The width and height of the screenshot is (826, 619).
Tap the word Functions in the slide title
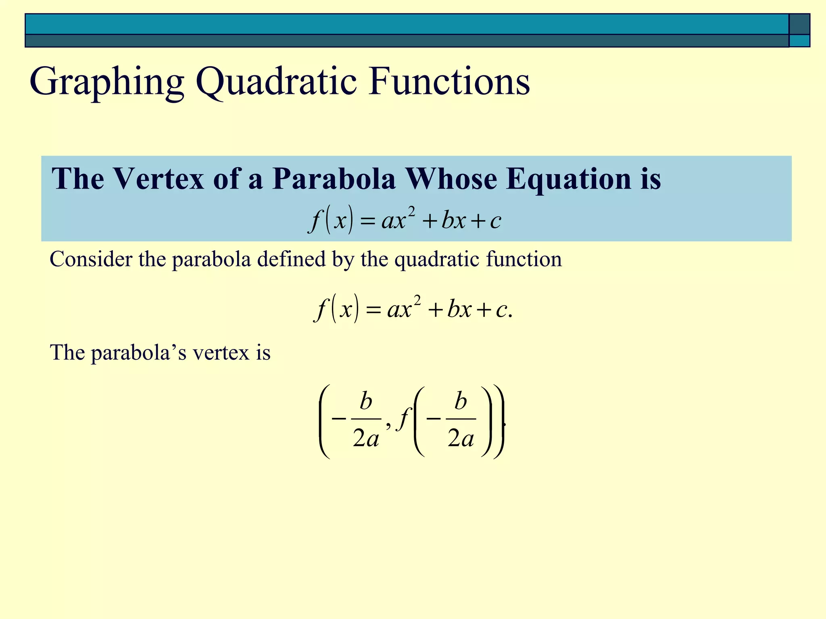449,82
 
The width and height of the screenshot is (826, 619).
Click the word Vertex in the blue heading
158,179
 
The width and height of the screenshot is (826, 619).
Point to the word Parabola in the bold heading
334,179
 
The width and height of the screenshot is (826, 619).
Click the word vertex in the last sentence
220,353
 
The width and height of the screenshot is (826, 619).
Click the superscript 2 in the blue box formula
411,211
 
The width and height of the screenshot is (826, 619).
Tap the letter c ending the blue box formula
496,221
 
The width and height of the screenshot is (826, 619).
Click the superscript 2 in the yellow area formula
417,300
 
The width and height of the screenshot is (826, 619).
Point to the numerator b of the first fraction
366,402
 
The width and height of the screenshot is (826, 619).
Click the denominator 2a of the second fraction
461,438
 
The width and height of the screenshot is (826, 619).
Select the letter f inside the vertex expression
404,419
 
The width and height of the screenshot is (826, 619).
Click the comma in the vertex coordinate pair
388,424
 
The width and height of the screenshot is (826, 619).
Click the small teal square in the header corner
799,41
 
